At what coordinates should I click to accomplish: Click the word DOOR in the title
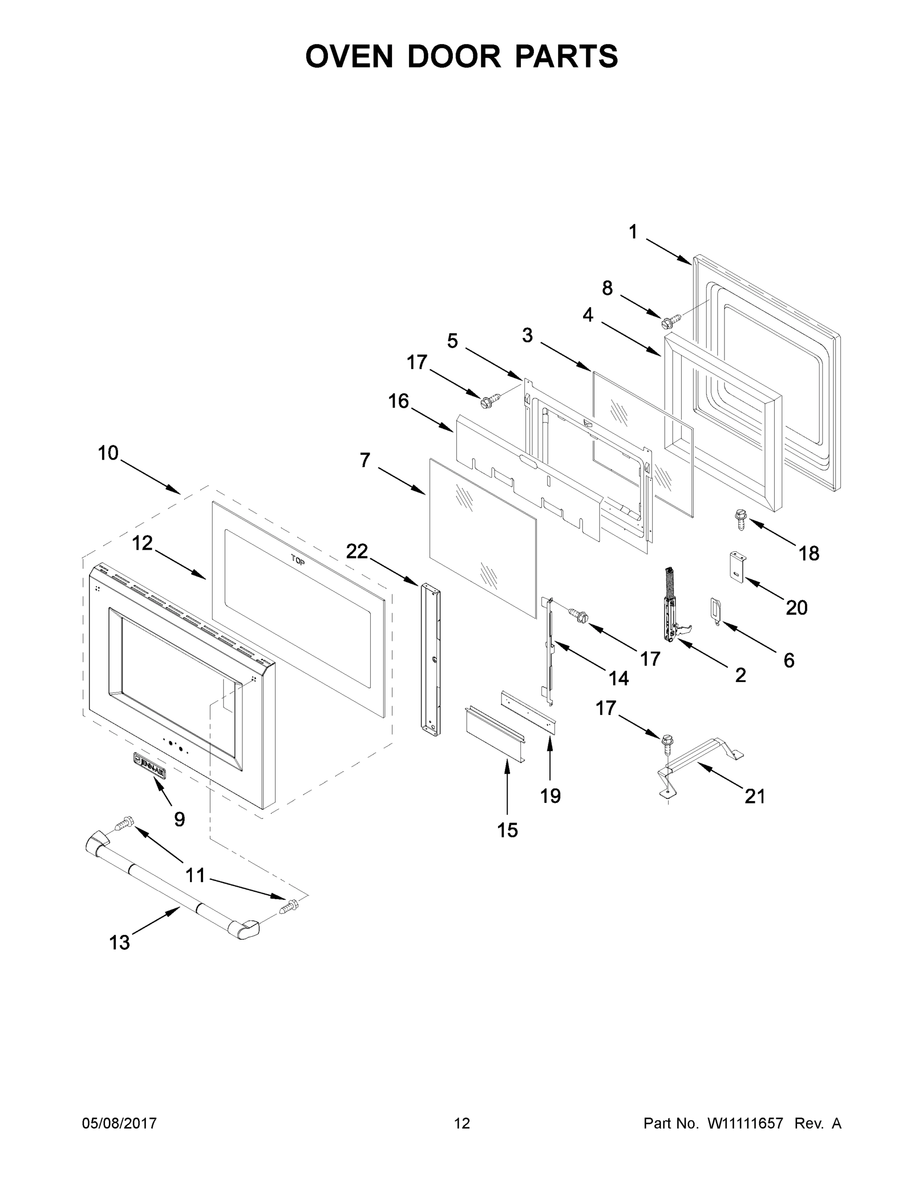coord(453,56)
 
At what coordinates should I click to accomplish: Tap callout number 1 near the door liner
coord(632,232)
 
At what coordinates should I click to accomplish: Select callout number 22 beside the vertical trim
coord(357,552)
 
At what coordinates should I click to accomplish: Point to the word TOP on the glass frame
coord(298,560)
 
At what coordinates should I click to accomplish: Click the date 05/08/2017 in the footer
coord(119,1123)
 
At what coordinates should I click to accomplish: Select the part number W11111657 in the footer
coord(745,1123)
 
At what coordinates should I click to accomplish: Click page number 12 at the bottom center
coord(462,1123)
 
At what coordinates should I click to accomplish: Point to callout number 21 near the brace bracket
coord(755,796)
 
